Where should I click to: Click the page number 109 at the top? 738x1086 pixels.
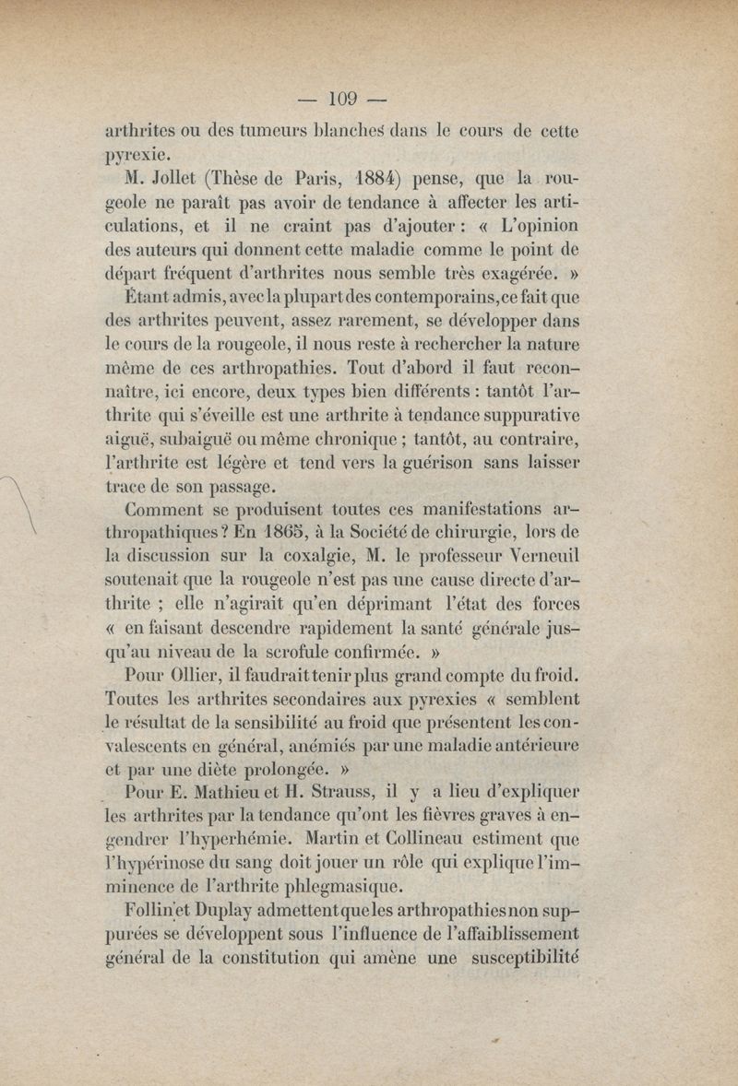(341, 97)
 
